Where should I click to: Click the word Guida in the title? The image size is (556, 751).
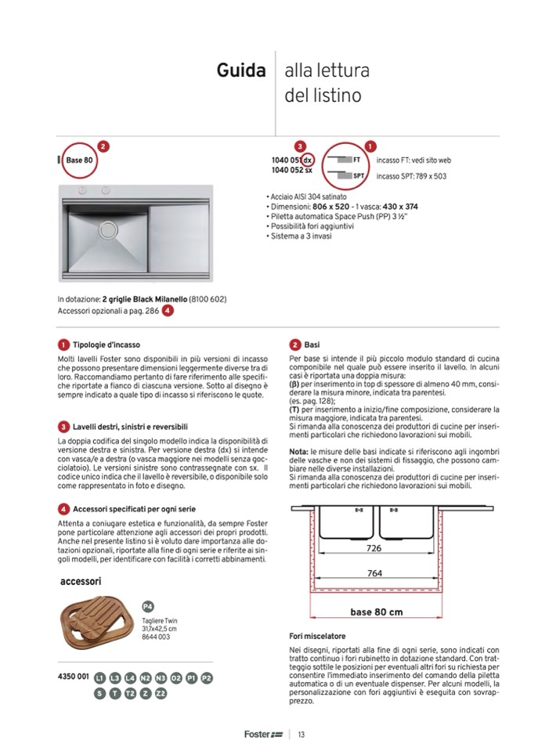click(x=240, y=71)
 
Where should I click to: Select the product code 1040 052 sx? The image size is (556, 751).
click(x=292, y=170)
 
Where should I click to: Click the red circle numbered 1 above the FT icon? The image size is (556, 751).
click(x=370, y=146)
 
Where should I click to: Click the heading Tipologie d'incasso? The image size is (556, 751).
click(x=107, y=345)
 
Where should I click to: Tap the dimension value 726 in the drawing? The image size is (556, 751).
click(x=374, y=549)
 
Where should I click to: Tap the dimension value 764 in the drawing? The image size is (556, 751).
click(x=374, y=574)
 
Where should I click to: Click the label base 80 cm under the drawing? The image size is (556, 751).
click(x=376, y=612)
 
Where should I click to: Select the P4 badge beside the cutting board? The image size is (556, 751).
click(x=147, y=606)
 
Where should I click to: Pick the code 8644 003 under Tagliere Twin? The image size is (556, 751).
click(x=157, y=637)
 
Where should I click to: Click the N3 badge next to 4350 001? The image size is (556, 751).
click(x=161, y=677)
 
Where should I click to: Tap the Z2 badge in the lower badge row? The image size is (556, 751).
click(x=161, y=693)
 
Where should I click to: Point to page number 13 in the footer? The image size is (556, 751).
click(x=301, y=734)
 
